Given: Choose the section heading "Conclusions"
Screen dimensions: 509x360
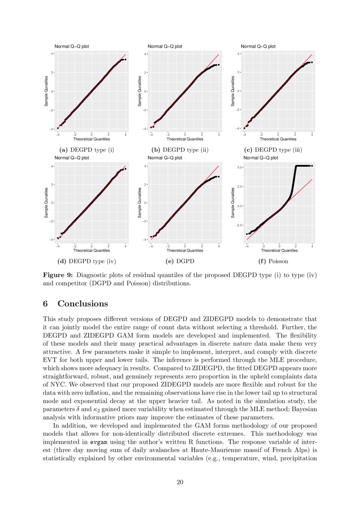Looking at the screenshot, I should pyautogui.click(x=83, y=303).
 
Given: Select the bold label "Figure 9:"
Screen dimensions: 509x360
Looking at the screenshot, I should pyautogui.click(x=57, y=275).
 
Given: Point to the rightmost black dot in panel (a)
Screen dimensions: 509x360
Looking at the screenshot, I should pyautogui.click(x=125, y=59).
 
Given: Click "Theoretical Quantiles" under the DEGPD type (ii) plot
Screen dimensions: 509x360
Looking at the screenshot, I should pyautogui.click(x=185, y=139).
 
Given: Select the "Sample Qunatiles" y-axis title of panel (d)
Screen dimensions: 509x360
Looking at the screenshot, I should pyautogui.click(x=46, y=203).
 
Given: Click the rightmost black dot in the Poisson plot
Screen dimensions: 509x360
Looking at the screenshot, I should pyautogui.click(x=312, y=166).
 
